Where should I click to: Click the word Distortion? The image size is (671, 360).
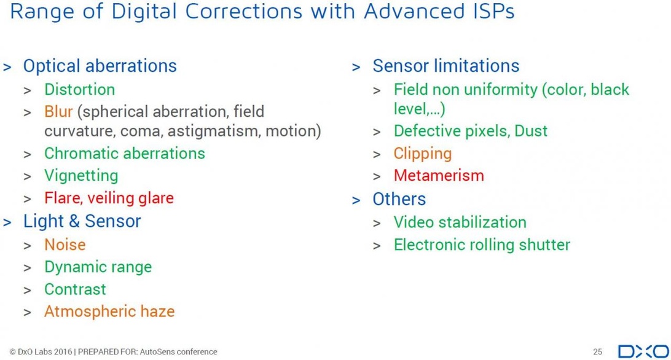(80, 90)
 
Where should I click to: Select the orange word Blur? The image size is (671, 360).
(58, 112)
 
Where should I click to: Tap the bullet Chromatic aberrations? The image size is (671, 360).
(125, 153)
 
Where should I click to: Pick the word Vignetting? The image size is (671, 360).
(81, 176)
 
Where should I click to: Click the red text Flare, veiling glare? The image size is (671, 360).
(109, 198)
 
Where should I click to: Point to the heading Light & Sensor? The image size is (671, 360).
(82, 221)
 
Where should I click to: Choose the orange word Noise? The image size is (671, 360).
(65, 245)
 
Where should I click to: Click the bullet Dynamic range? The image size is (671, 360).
(98, 267)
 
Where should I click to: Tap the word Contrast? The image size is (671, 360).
(76, 289)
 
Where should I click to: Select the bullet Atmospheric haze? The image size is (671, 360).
(109, 311)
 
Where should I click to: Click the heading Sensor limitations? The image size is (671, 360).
(446, 66)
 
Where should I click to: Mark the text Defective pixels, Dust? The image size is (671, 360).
(471, 131)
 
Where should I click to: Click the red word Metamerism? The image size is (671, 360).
(439, 176)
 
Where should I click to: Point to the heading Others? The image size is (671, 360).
(399, 199)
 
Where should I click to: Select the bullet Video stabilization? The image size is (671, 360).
(460, 222)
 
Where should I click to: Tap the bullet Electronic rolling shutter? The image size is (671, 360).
(482, 245)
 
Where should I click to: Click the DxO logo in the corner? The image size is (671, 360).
(643, 351)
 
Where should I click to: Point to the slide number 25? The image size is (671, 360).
(598, 352)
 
